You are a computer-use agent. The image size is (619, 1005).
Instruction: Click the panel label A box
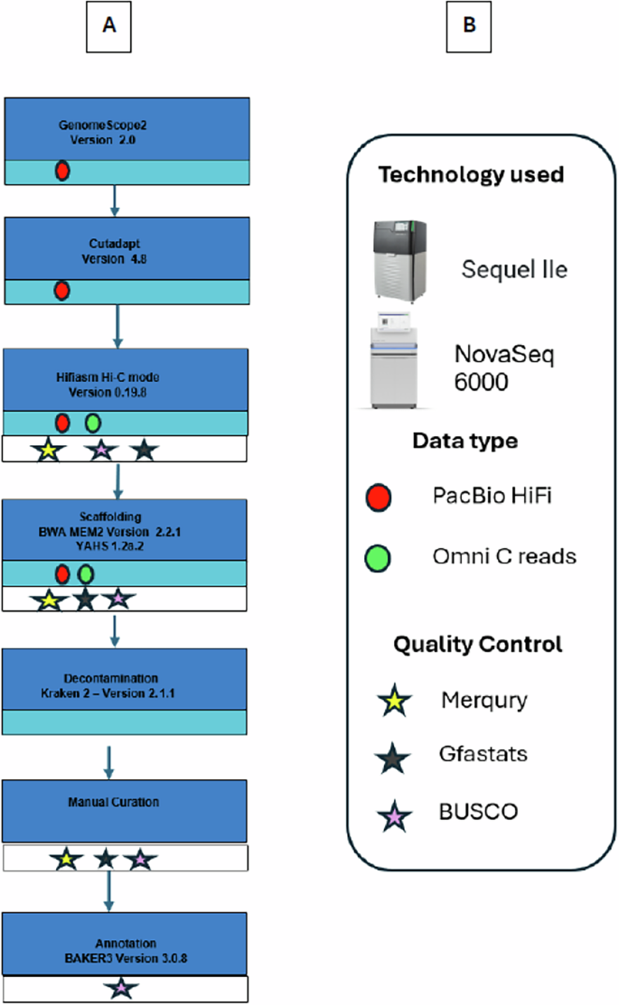(x=108, y=26)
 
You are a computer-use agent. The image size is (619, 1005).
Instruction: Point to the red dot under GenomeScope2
(x=62, y=171)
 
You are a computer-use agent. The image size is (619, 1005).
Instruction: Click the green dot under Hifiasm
(x=92, y=423)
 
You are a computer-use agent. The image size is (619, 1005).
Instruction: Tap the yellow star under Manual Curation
(x=64, y=860)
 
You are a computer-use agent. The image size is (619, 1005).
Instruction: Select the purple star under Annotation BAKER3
(x=120, y=990)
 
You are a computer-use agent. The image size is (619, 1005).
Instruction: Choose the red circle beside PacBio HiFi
(x=378, y=498)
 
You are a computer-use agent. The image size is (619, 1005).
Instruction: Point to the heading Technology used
(x=471, y=174)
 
